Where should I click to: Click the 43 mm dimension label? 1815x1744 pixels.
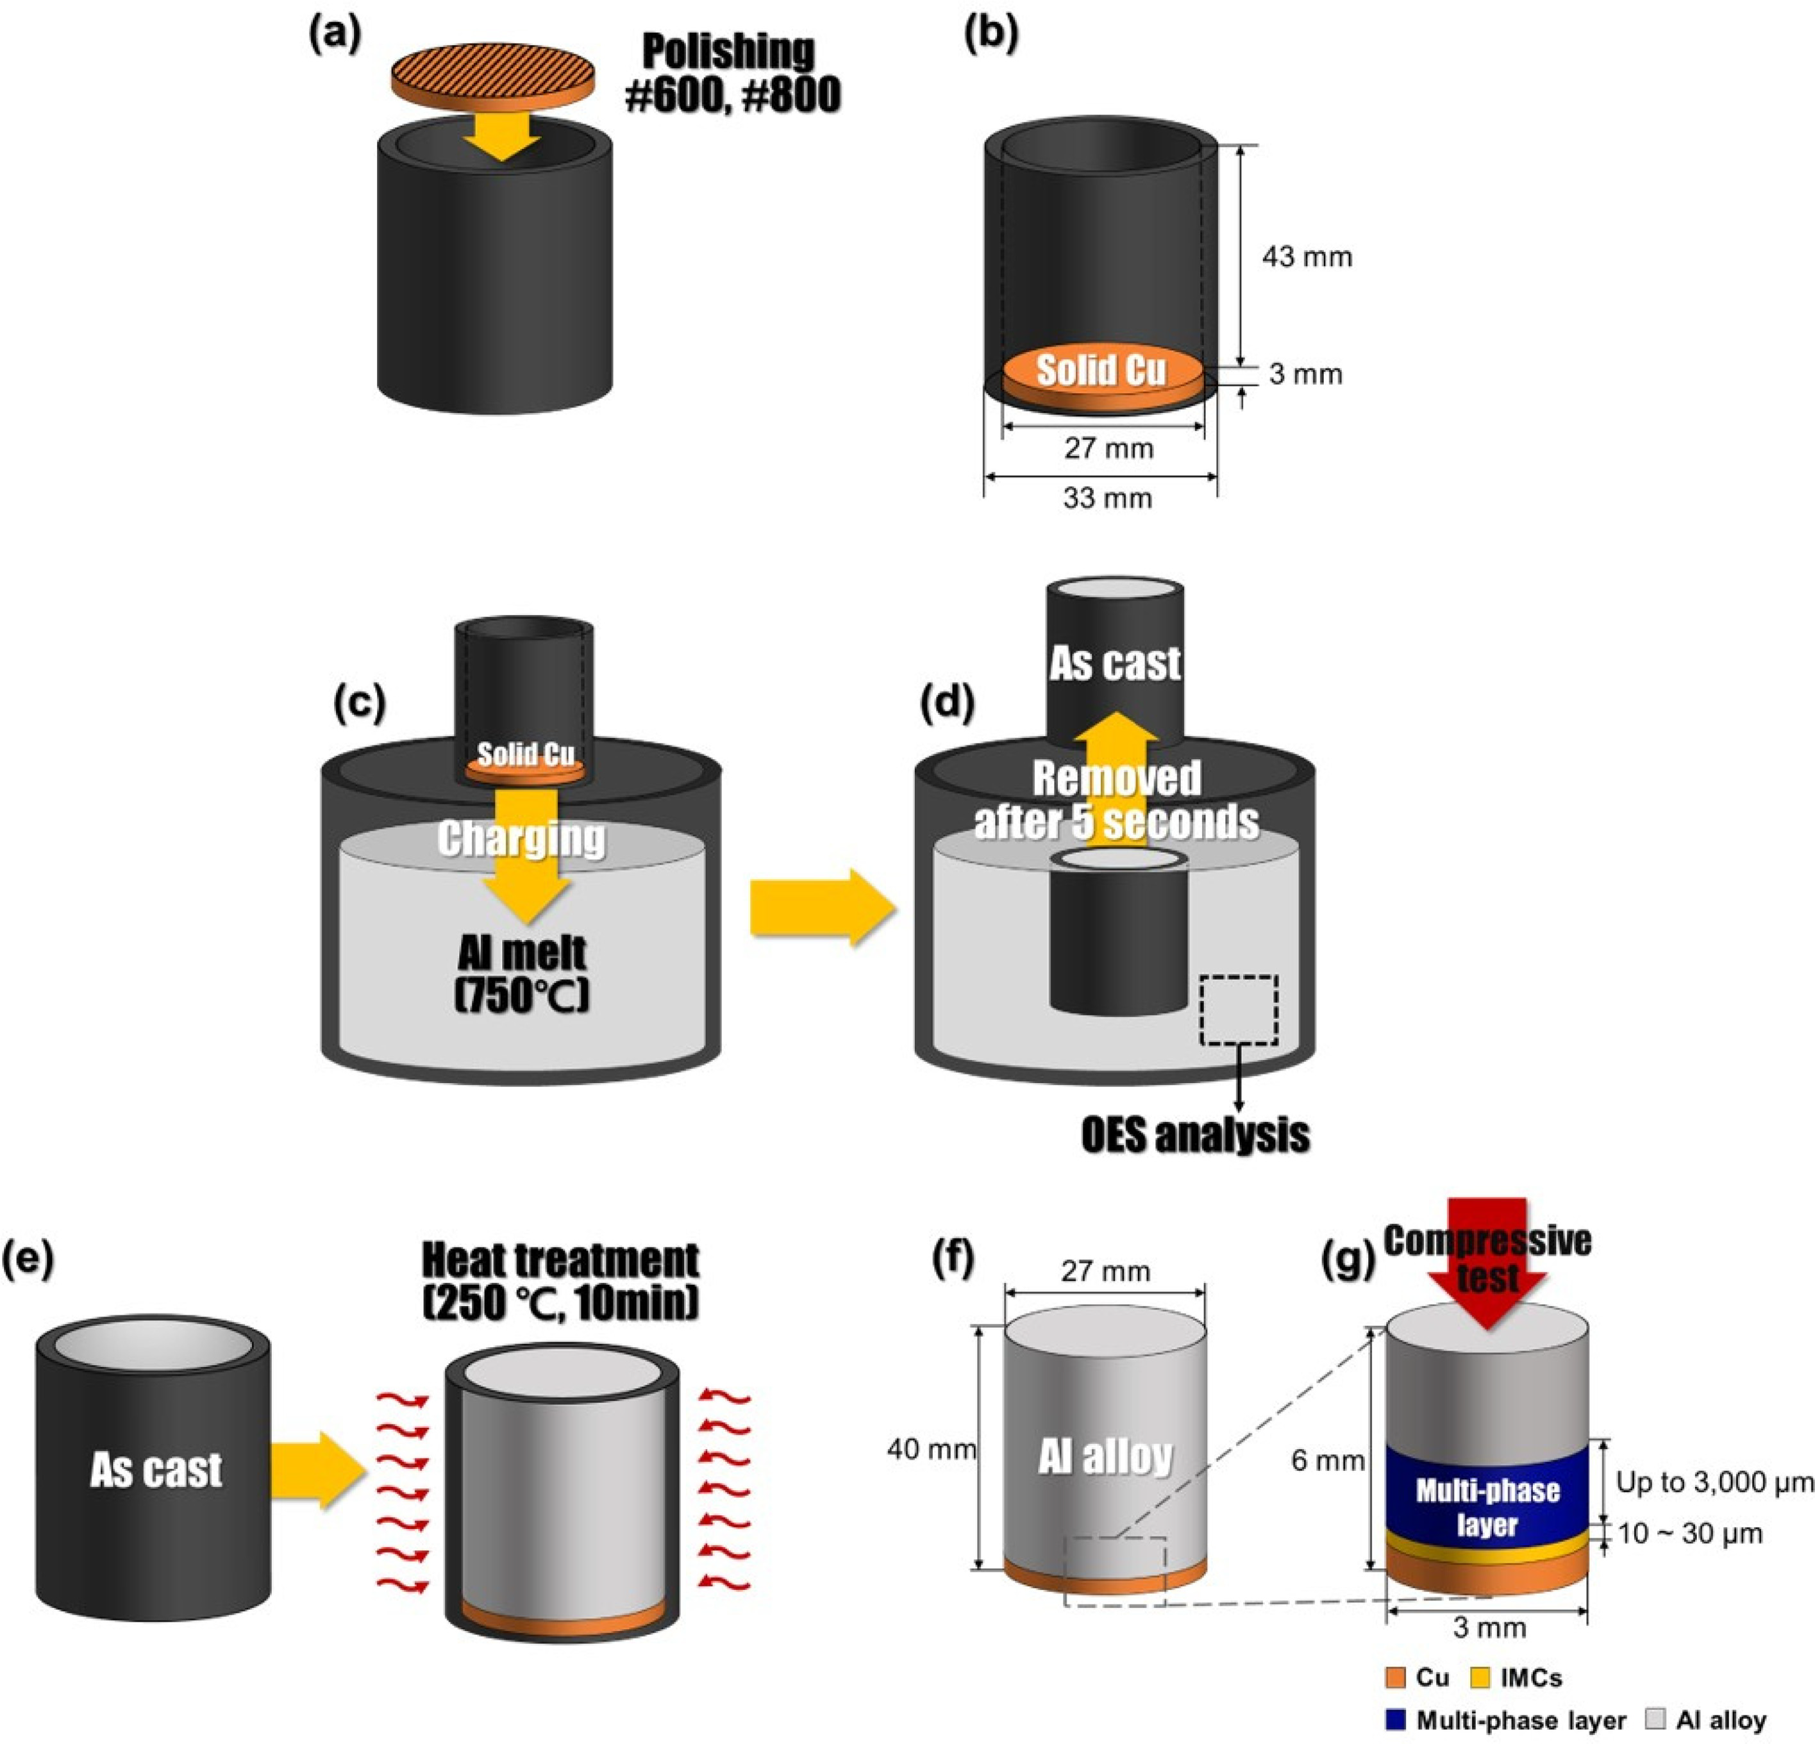pos(1307,256)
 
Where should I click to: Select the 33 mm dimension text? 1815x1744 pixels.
pos(1107,498)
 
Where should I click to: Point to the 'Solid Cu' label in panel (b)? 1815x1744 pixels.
pos(1100,370)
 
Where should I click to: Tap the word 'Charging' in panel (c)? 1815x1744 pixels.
pos(521,840)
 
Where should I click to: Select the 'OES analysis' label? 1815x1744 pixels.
pos(1194,1135)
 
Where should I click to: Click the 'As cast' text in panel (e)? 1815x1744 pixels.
pos(156,1470)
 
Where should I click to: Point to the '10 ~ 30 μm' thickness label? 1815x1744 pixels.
pos(1689,1534)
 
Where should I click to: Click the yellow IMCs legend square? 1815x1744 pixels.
pos(1481,1677)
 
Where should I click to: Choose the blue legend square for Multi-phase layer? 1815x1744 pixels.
pos(1396,1719)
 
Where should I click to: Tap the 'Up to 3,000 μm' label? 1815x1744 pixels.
pos(1713,1483)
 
